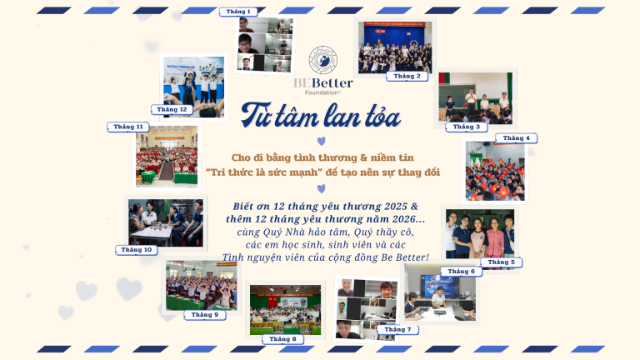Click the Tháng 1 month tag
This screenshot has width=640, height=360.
click(x=238, y=12)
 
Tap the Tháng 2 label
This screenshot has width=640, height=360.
click(x=407, y=76)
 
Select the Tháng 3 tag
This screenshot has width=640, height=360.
click(x=467, y=127)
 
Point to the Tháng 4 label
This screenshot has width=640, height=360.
click(x=517, y=138)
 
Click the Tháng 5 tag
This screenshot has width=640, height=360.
click(x=501, y=262)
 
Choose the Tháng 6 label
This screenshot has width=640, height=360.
click(x=461, y=272)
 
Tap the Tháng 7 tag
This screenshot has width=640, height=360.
click(x=397, y=329)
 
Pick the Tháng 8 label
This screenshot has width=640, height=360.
click(x=282, y=339)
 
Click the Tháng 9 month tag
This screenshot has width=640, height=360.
click(x=205, y=315)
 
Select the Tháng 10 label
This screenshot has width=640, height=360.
click(x=137, y=250)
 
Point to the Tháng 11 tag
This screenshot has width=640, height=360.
click(x=128, y=127)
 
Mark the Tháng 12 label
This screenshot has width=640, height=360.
click(x=172, y=109)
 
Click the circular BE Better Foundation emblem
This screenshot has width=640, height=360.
click(x=322, y=60)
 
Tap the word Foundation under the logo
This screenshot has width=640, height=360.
click(x=322, y=92)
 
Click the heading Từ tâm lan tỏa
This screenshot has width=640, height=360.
click(x=321, y=116)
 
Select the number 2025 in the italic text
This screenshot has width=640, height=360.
click(x=396, y=207)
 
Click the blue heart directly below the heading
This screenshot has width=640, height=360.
click(x=322, y=141)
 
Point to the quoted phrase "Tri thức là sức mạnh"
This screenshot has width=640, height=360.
click(x=264, y=172)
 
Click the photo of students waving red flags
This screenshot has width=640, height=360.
click(x=495, y=171)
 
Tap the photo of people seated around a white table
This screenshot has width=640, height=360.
click(x=166, y=222)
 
